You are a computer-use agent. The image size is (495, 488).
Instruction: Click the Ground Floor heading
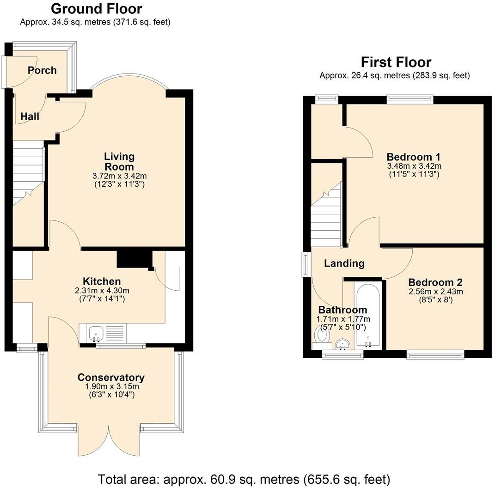pyautogui.click(x=96, y=9)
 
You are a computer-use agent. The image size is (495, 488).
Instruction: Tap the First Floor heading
pyautogui.click(x=396, y=62)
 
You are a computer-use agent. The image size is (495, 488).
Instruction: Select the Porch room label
pyautogui.click(x=42, y=70)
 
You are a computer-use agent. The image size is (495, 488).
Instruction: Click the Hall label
pyautogui.click(x=30, y=116)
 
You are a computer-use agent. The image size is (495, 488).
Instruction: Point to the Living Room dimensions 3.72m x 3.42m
pyautogui.click(x=119, y=176)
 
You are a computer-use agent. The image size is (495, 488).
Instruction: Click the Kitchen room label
pyautogui.click(x=102, y=281)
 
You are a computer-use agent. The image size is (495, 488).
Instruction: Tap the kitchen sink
pyautogui.click(x=97, y=332)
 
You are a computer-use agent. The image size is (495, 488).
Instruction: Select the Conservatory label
pyautogui.click(x=111, y=378)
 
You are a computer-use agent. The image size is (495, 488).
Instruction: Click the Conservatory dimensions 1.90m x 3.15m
pyautogui.click(x=111, y=386)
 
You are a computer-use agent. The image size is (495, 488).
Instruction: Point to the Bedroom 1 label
pyautogui.click(x=414, y=156)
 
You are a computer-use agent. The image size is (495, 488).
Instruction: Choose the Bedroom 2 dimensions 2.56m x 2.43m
pyautogui.click(x=435, y=292)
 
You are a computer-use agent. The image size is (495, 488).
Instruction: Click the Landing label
pyautogui.click(x=344, y=263)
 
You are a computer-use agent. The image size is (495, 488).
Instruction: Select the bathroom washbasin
pyautogui.click(x=342, y=344)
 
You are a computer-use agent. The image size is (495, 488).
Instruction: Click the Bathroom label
pyautogui.click(x=342, y=310)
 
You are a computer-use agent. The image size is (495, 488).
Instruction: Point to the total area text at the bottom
pyautogui.click(x=244, y=478)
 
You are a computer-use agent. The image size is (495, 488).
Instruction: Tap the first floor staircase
pyautogui.click(x=326, y=215)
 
